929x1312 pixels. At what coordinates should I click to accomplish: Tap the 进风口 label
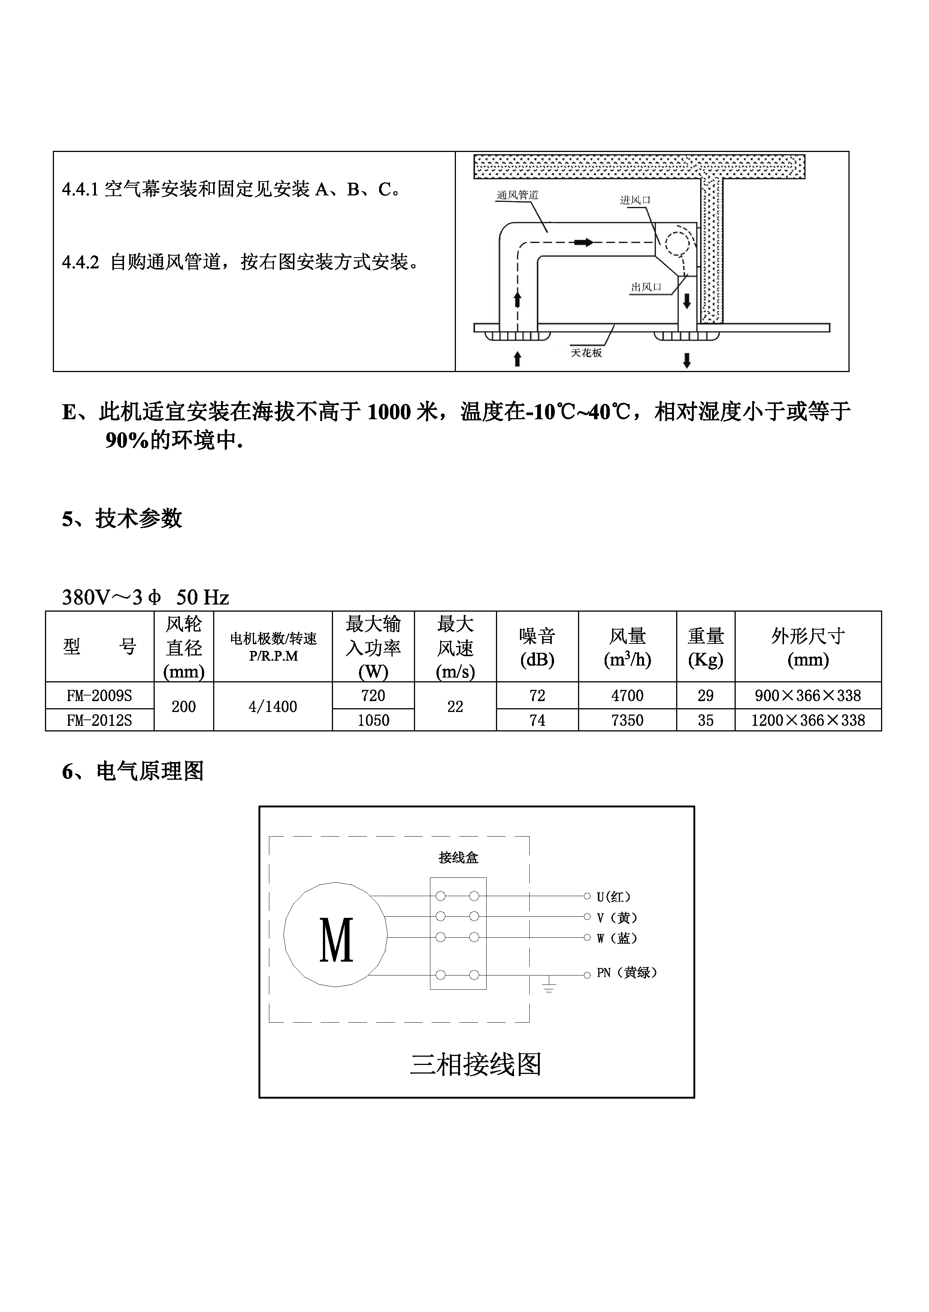[x=635, y=201]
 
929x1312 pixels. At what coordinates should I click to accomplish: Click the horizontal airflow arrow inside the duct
[x=584, y=243]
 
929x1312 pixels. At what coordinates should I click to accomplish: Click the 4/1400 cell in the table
[x=272, y=707]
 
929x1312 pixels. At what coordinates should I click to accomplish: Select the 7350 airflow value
[x=627, y=720]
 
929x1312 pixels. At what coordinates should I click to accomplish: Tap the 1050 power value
[x=373, y=720]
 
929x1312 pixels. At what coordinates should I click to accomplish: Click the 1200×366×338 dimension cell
[x=808, y=720]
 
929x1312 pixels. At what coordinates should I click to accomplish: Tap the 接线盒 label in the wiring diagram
[x=458, y=858]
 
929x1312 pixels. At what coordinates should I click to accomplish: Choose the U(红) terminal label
[x=613, y=897]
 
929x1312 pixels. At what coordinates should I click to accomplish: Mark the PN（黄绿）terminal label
[x=626, y=973]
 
